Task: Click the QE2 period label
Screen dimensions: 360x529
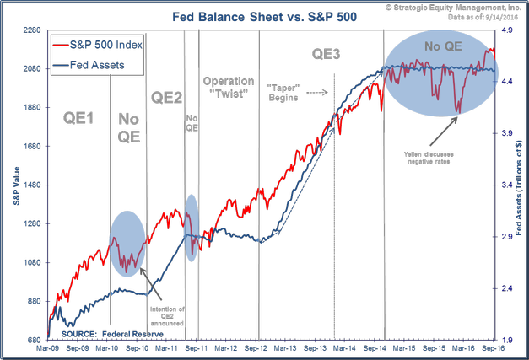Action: (166, 97)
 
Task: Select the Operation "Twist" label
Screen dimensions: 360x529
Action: (228, 87)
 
